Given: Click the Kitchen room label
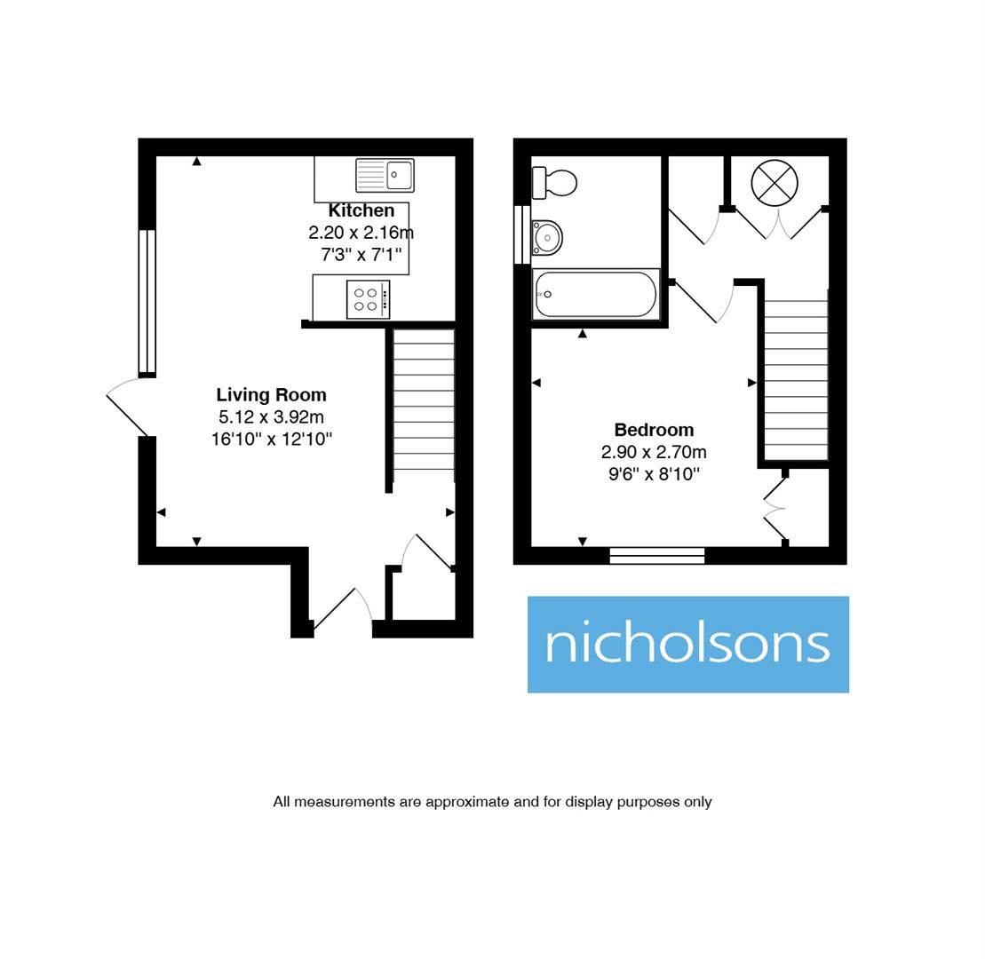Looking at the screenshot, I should tap(361, 211).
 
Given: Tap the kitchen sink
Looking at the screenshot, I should tap(385, 175).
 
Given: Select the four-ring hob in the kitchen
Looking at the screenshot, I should tap(368, 299).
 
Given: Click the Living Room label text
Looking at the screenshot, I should tap(271, 395).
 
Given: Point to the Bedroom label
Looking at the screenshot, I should tap(654, 430).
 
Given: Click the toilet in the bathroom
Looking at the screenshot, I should tap(554, 183).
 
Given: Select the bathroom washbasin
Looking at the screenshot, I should tap(547, 238).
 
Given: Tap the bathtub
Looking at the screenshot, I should tap(596, 294).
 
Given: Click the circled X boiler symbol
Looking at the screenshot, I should tap(774, 184).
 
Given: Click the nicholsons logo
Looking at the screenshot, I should tap(687, 644).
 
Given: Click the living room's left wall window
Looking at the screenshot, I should tap(147, 301).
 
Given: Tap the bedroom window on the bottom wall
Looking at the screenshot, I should tap(657, 556).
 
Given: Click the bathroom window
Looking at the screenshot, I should tap(521, 234).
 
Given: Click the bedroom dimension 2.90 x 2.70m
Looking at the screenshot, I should tap(654, 452).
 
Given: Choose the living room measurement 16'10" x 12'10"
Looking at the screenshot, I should tap(271, 439).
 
